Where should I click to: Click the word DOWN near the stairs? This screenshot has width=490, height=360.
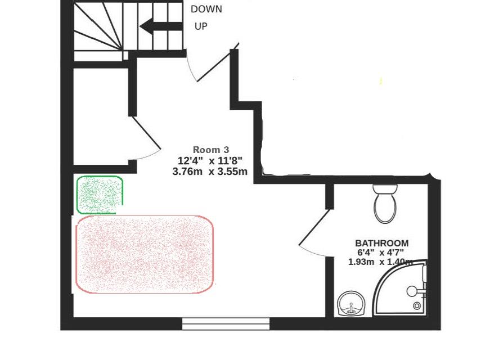pos(206,9)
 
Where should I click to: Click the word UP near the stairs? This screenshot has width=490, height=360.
pos(201,26)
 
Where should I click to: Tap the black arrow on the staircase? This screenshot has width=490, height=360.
pos(161,26)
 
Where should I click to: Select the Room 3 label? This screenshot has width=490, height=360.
pos(211,150)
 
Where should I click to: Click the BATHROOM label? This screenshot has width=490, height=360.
pos(382,244)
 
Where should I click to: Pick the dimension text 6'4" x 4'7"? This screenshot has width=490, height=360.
pos(380,253)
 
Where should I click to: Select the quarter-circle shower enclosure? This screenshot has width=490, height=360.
pos(402,292)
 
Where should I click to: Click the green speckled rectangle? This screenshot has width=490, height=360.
pos(100,195)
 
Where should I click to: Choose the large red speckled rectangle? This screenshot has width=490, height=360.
pos(144,254)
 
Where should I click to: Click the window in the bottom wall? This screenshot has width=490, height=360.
pos(226,323)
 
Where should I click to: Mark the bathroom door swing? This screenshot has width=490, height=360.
pos(314,236)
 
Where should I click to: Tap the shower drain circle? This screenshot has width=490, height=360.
pos(417,306)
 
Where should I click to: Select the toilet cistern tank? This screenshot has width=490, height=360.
pos(385,189)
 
